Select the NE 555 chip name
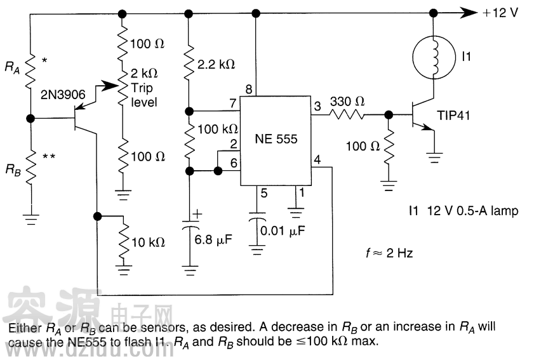(x=276, y=139)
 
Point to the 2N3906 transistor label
(x=63, y=95)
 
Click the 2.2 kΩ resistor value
(x=217, y=64)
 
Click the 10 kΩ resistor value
(x=148, y=242)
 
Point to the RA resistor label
(x=12, y=66)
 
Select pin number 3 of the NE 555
(x=317, y=107)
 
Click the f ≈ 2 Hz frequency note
(x=385, y=253)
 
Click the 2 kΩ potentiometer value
(x=145, y=72)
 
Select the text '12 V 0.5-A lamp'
(x=471, y=211)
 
